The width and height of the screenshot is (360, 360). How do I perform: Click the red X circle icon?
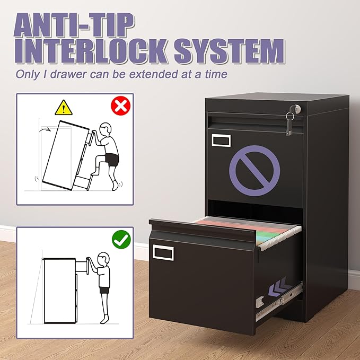pos(121,106)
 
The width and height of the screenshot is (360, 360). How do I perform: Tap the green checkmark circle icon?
pos(121,240)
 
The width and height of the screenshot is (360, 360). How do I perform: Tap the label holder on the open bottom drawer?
pos(163,252)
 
